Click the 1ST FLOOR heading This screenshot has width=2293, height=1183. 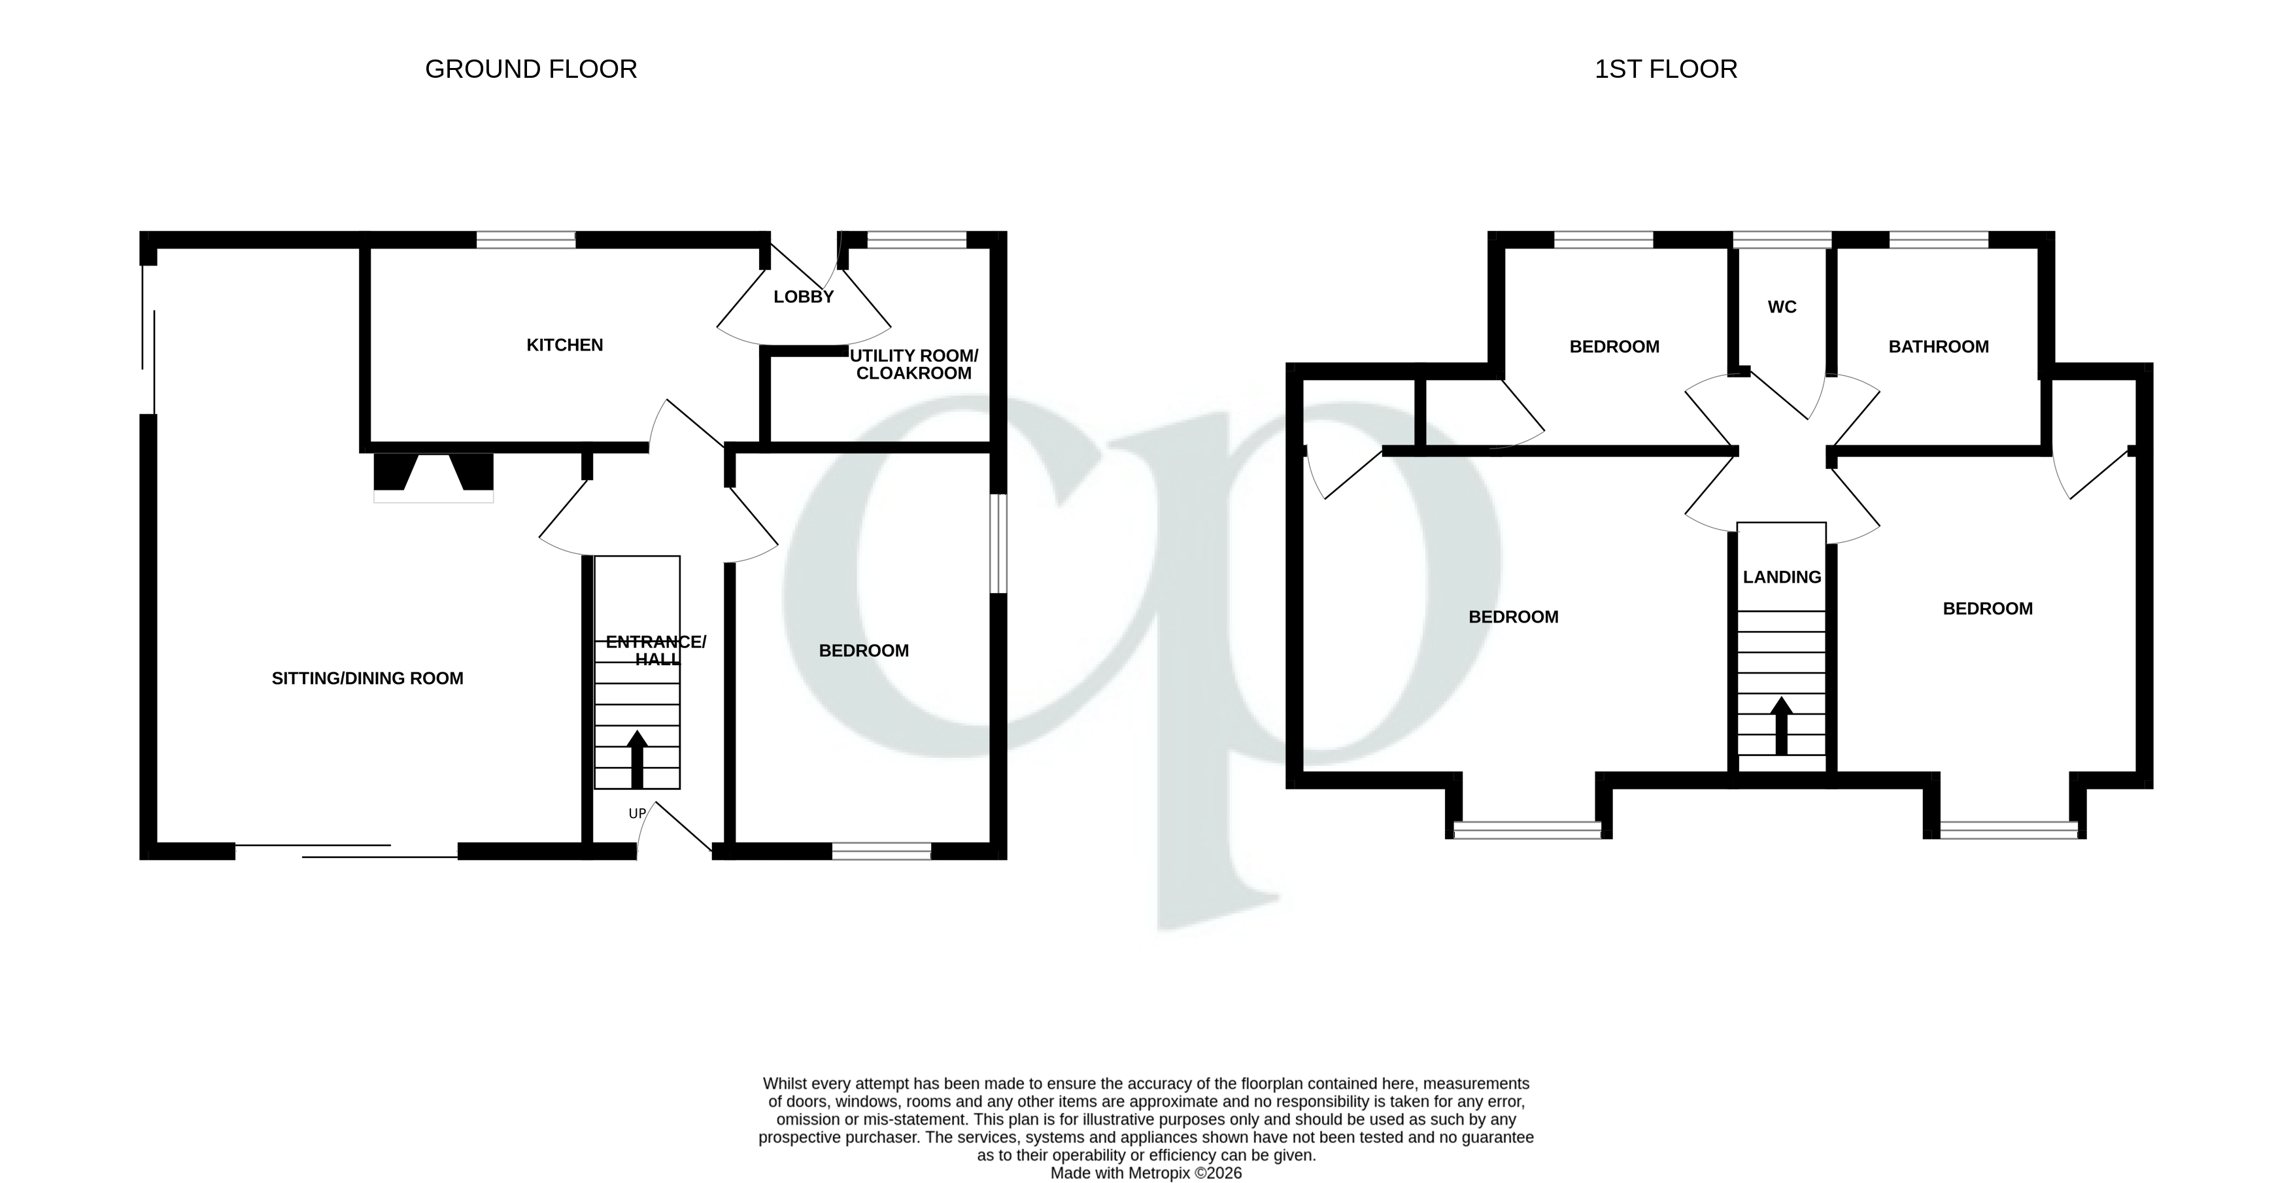click(1665, 69)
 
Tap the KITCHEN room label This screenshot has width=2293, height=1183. click(564, 345)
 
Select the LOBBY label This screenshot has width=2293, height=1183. click(803, 296)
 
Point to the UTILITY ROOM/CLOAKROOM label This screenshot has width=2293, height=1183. click(913, 364)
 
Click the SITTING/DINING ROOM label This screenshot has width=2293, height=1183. click(367, 678)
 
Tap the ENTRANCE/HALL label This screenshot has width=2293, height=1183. click(656, 650)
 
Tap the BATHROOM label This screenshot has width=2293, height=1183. click(1938, 346)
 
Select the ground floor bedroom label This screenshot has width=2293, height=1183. click(864, 651)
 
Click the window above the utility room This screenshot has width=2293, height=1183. click(916, 239)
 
